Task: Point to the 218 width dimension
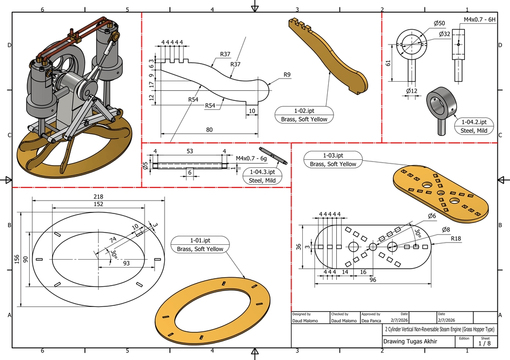(x=99, y=196)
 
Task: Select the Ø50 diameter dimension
(x=439, y=23)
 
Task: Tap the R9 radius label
(x=287, y=74)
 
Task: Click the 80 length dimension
(x=210, y=130)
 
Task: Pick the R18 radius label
(x=455, y=239)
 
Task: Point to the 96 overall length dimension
(x=373, y=279)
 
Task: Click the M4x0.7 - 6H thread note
(x=479, y=20)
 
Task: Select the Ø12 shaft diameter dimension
(x=411, y=91)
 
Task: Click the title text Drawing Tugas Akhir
(x=410, y=341)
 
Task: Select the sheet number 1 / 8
(x=484, y=344)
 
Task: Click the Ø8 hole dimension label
(x=446, y=229)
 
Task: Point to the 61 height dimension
(x=388, y=63)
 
